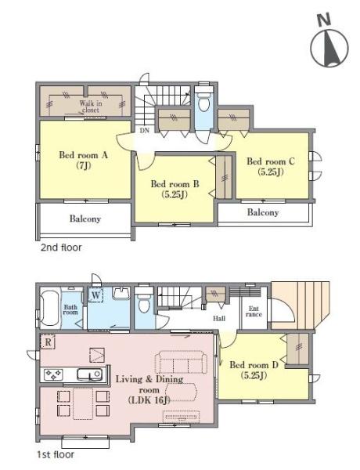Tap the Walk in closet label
click(x=91, y=107)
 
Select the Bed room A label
click(x=83, y=161)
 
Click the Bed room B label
click(x=175, y=189)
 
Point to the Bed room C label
click(x=271, y=166)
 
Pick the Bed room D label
click(x=254, y=370)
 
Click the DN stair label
click(x=145, y=130)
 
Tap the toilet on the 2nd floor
click(x=203, y=101)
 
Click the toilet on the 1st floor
click(x=144, y=301)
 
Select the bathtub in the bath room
click(x=49, y=309)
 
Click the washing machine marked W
click(x=95, y=295)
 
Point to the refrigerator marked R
click(x=48, y=342)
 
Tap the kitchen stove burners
click(x=53, y=374)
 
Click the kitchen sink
click(x=90, y=374)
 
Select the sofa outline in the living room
click(x=181, y=362)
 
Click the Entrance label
click(x=254, y=312)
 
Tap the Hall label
click(x=219, y=318)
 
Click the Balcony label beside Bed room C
click(x=263, y=212)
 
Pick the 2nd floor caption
click(x=61, y=248)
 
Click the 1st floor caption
click(x=56, y=454)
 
